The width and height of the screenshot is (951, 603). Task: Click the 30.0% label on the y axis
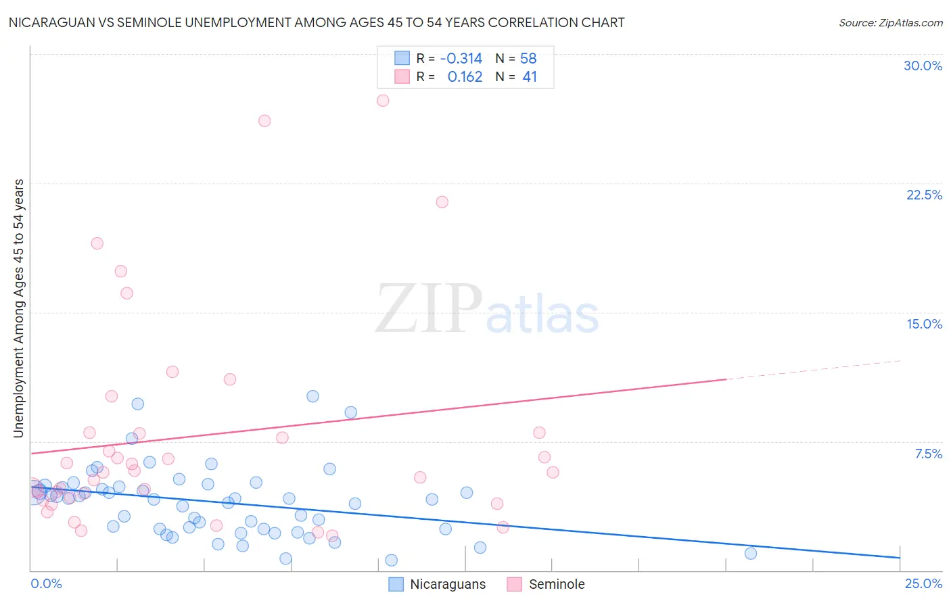point(923,66)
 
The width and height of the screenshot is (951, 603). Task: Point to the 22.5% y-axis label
point(924,195)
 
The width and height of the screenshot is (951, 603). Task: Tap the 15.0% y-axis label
point(924,324)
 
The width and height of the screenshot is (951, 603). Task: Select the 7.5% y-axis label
point(928,454)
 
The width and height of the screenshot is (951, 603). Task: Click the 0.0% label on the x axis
point(46,583)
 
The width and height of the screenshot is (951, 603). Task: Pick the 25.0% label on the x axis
point(923,583)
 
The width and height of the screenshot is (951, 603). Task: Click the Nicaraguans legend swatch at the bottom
point(396,584)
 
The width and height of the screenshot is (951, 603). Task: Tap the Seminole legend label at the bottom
point(557,584)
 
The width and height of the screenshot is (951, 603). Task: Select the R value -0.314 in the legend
point(461,58)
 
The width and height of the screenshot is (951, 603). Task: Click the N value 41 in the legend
point(530,77)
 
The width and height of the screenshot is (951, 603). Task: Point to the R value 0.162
point(465,77)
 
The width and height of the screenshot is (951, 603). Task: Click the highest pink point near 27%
point(383,101)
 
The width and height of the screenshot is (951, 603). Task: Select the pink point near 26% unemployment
point(264,121)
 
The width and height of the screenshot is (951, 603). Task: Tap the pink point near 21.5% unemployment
point(442,202)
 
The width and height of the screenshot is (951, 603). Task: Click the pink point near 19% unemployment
point(97,243)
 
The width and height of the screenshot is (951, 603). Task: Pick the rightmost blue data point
point(751,554)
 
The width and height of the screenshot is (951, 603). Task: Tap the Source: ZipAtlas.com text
point(890,22)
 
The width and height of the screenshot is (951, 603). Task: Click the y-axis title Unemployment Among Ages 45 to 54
point(18,308)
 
